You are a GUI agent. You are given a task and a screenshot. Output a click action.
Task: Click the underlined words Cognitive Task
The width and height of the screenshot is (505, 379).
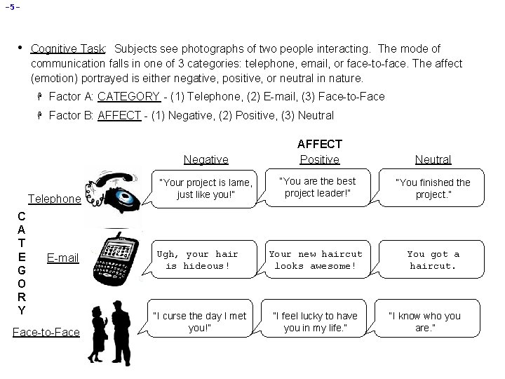(x=68, y=49)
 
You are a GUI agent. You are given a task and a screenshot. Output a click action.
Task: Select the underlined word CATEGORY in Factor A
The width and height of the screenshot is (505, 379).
(x=128, y=96)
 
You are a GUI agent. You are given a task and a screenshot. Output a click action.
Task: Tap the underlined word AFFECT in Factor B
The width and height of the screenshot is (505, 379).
(x=119, y=115)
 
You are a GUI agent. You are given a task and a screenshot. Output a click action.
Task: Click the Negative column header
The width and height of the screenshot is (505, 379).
(x=205, y=159)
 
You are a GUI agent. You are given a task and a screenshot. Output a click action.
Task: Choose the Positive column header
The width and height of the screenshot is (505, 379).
(x=319, y=159)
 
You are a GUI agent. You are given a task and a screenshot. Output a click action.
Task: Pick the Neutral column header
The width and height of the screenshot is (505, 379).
(x=433, y=159)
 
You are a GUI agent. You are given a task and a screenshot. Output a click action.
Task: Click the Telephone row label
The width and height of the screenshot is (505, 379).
(x=54, y=199)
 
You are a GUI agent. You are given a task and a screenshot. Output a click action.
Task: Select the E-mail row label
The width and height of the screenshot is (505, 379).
(x=62, y=258)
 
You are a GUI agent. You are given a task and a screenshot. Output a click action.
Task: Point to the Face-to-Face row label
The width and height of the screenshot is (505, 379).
(x=46, y=331)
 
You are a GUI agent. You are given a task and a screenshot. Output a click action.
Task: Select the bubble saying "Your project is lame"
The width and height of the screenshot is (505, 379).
(x=206, y=188)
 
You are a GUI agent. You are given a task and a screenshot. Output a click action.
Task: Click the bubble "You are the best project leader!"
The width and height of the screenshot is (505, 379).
(x=318, y=187)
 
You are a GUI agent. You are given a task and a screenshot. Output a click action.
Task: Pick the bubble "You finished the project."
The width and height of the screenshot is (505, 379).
(x=433, y=188)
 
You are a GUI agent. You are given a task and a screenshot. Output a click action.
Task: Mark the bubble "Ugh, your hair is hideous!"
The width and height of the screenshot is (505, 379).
(x=197, y=260)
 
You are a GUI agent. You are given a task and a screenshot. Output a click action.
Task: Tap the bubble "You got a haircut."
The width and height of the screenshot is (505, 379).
(x=433, y=260)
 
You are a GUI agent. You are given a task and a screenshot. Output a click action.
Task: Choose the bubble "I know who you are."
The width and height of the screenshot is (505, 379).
(x=424, y=321)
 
